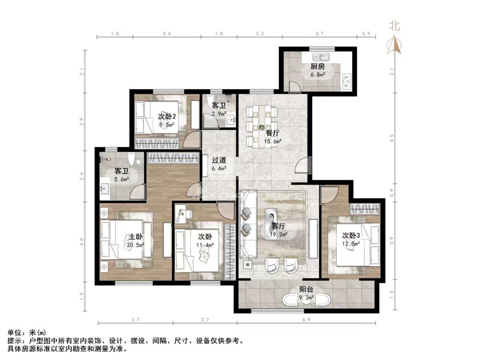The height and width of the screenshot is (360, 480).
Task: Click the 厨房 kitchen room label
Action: (317, 66)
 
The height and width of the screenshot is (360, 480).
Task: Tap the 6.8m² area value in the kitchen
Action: (317, 74)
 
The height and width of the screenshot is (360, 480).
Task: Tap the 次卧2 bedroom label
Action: (166, 117)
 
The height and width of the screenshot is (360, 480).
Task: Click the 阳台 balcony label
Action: (307, 289)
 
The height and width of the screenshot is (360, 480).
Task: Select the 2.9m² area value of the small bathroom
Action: (219, 113)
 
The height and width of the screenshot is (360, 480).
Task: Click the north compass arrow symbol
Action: (395, 45)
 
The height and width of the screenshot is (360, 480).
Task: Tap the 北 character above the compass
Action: (395, 26)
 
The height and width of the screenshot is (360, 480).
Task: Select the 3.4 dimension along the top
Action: (166, 34)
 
